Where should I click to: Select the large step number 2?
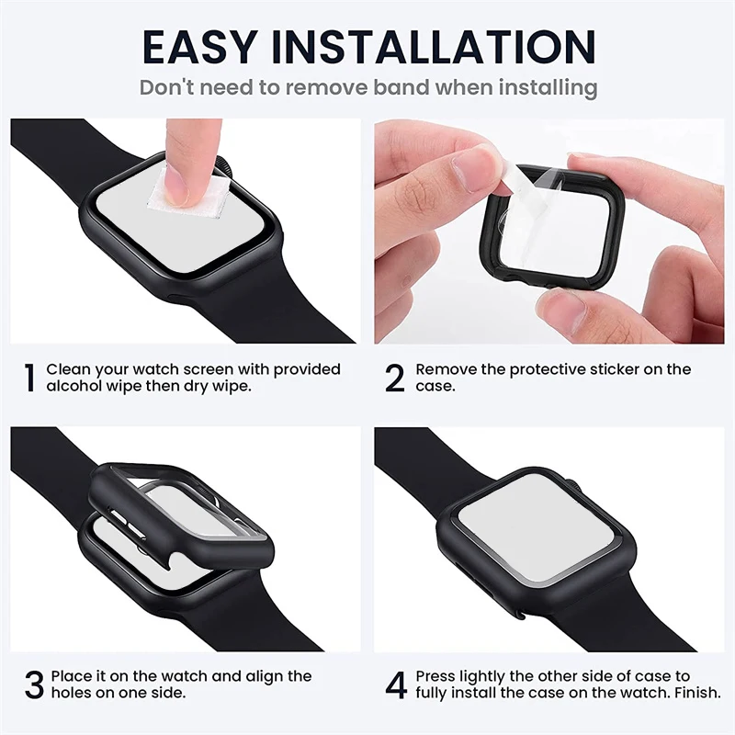pyautogui.click(x=394, y=378)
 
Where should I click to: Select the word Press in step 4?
pyautogui.click(x=436, y=676)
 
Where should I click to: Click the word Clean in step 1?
pyautogui.click(x=69, y=369)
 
